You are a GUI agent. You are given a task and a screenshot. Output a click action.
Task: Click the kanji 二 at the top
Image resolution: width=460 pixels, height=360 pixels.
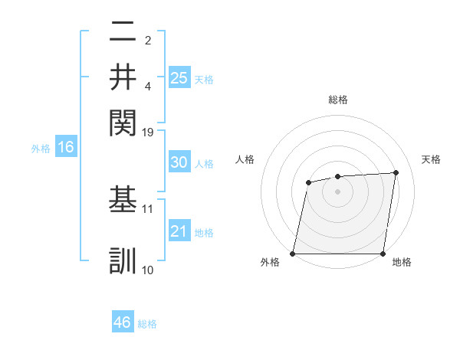(x=123, y=32)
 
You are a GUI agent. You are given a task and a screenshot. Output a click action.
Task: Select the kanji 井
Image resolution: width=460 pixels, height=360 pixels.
(x=123, y=77)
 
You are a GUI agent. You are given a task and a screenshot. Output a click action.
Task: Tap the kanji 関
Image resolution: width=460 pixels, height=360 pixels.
(x=123, y=123)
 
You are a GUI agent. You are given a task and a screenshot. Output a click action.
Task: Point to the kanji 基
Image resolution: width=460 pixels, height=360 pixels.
(x=123, y=198)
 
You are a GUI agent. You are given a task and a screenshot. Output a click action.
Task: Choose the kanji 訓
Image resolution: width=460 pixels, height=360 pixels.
(x=123, y=260)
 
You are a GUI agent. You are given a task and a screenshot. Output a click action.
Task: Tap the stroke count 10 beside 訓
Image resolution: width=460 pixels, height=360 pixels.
(x=148, y=270)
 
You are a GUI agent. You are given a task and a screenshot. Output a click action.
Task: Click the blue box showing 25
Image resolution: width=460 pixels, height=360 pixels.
(x=179, y=77)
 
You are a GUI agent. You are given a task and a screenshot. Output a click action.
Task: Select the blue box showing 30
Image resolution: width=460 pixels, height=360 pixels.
(x=179, y=162)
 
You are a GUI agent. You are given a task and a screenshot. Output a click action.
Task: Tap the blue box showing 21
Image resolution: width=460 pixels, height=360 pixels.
(x=179, y=231)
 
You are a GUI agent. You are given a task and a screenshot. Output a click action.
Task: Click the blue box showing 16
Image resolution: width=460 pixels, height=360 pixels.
(x=66, y=147)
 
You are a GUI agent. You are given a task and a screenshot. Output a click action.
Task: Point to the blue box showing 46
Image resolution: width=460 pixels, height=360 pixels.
(x=123, y=322)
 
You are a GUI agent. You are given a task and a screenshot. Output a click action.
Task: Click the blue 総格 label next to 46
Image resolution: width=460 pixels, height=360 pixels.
(x=147, y=324)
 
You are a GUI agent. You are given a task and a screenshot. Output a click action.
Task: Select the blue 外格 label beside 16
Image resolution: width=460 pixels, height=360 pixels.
(x=41, y=149)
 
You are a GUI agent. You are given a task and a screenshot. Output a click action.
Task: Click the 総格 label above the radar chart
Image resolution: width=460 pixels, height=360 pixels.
(x=338, y=100)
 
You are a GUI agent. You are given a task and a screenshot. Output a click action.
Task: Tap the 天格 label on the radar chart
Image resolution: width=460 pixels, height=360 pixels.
(x=432, y=159)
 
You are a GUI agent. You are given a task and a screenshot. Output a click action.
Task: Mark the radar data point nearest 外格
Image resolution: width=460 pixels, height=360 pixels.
(x=293, y=254)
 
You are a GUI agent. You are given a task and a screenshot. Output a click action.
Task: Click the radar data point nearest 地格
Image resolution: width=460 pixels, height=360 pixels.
(x=383, y=254)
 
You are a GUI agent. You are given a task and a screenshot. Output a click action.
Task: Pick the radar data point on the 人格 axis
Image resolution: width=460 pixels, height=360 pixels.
(x=308, y=182)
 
